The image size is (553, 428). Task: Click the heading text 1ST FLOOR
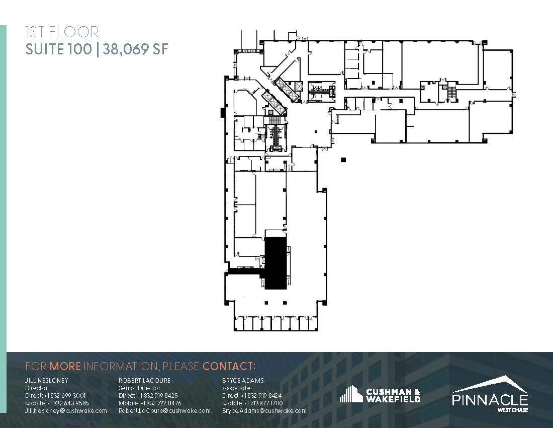click(x=62, y=33)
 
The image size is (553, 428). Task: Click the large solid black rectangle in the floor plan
click(x=275, y=263)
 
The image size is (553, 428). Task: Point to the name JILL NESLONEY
click(x=47, y=381)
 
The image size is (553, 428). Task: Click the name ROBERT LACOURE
click(x=144, y=381)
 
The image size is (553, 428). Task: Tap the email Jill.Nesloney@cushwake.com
click(x=66, y=411)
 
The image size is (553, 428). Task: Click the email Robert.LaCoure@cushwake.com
click(x=164, y=411)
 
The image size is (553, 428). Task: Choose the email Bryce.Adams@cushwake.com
click(x=264, y=411)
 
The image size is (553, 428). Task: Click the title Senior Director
click(x=139, y=388)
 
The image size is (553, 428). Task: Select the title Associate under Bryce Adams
click(x=236, y=388)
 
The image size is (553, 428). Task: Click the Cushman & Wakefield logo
click(x=380, y=395)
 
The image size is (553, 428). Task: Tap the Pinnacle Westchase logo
click(x=490, y=393)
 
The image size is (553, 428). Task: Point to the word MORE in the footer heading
click(x=65, y=366)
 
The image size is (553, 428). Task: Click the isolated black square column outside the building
click(x=343, y=160)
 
